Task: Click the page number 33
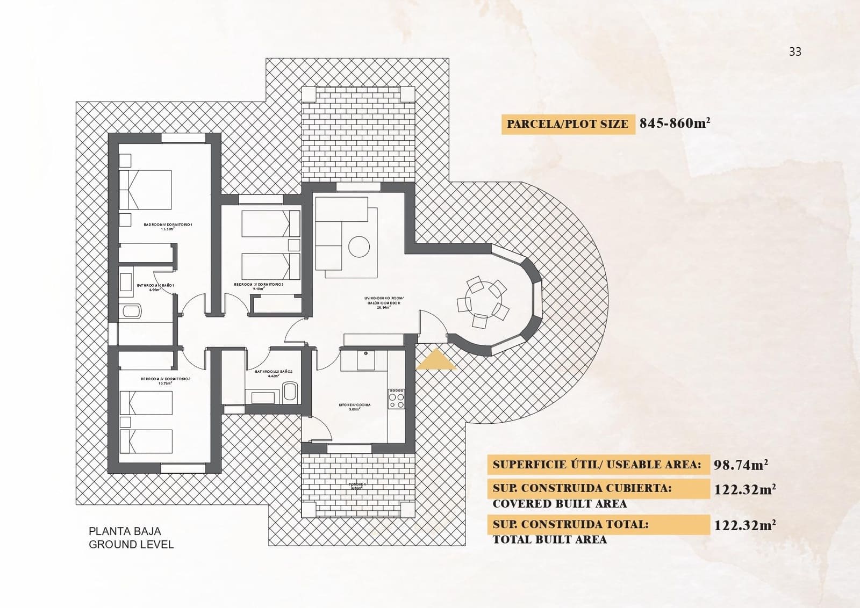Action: tap(795, 52)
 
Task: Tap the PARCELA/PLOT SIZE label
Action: tap(567, 124)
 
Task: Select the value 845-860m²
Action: tap(675, 124)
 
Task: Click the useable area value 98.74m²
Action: tap(740, 465)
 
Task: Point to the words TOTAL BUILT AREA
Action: tap(549, 540)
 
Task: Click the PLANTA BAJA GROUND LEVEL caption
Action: tap(131, 538)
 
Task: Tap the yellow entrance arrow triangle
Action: tap(436, 360)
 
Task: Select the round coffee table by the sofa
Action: tap(359, 247)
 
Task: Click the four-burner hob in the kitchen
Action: tap(397, 398)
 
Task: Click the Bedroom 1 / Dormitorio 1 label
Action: tap(168, 226)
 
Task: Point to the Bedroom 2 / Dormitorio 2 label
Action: tap(166, 380)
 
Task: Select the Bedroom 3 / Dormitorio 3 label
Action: tap(259, 286)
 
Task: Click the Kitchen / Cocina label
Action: tap(354, 407)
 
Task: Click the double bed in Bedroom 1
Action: tap(145, 190)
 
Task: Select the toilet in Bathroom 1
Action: tap(131, 311)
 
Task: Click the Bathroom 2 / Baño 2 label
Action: tap(273, 373)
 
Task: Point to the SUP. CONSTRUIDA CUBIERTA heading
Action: tap(582, 489)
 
